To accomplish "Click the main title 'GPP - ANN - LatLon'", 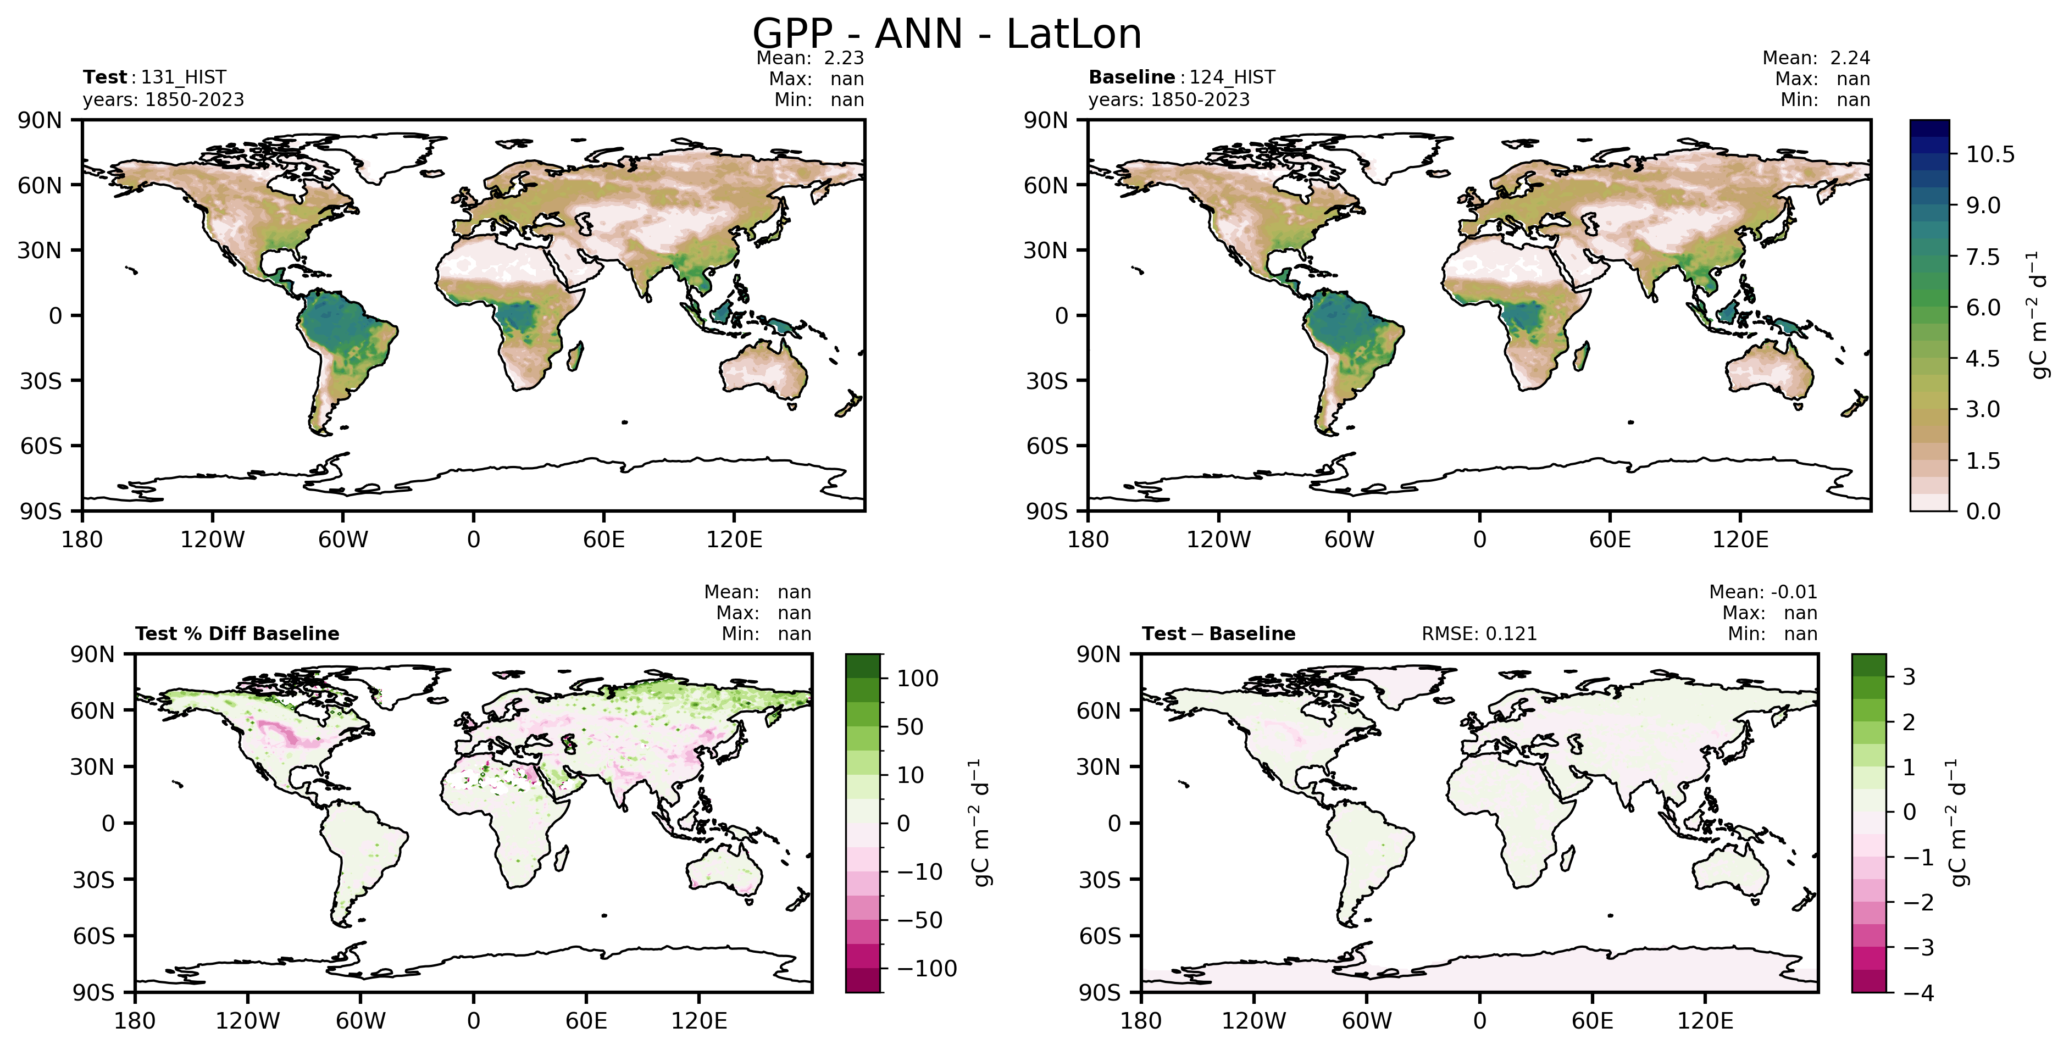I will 946,35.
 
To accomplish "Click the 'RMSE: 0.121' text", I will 1479,634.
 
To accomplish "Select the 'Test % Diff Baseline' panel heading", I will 237,634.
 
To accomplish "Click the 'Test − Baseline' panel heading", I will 1218,634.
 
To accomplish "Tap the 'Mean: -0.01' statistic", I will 1762,592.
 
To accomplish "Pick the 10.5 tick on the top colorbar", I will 1989,154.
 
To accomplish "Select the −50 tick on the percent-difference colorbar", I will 919,920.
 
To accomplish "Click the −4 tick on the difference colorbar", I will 1918,993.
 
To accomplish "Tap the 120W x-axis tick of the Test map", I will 212,539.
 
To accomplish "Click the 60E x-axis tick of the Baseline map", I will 1610,539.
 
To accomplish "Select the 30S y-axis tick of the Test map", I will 40,381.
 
